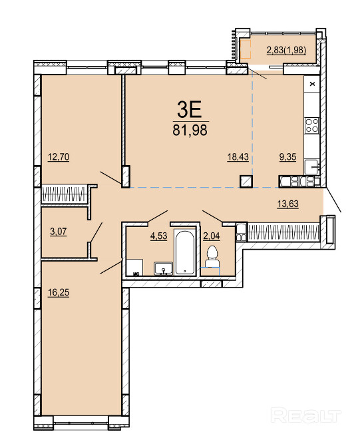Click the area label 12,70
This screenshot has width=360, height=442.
coord(59,156)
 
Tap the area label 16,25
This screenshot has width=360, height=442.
coord(59,292)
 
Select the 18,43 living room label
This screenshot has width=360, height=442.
coord(238,156)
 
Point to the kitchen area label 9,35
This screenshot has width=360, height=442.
coord(287,156)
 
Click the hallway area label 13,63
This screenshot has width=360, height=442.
coord(288,204)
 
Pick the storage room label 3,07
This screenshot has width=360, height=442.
coord(59,232)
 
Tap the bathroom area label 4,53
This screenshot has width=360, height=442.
coord(158,236)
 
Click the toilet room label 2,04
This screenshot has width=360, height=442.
coord(212,236)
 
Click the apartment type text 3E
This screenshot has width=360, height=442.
coord(190,110)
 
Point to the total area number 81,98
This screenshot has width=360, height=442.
coord(190,130)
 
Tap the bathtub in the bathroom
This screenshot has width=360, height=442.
coord(184,252)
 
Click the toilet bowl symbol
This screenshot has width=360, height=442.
coord(212,256)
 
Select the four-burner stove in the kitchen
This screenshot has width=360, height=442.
coord(312,125)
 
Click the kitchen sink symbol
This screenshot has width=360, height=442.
coord(312,167)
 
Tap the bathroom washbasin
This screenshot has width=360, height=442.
coord(164,268)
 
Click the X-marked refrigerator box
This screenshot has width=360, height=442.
coord(312,84)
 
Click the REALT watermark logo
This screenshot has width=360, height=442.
coord(306,415)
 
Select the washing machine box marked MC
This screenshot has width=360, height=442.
coord(134,268)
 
